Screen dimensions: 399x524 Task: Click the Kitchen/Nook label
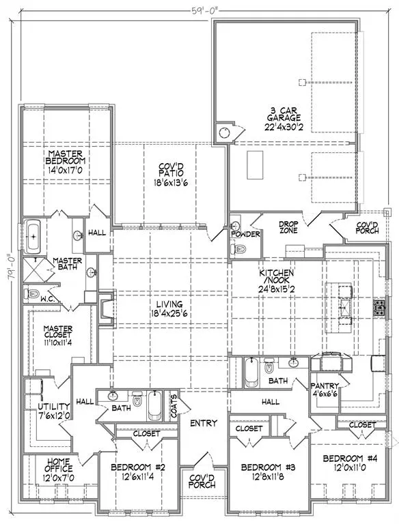tap(277, 277)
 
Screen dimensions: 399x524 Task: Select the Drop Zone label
tap(288, 227)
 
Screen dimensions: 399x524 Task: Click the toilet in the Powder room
tap(238, 249)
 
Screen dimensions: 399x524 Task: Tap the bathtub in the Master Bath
tap(33, 236)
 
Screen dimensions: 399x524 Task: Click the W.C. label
tap(48, 299)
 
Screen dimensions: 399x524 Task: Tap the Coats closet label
tap(174, 406)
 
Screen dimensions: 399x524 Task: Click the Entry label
tap(204, 423)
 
